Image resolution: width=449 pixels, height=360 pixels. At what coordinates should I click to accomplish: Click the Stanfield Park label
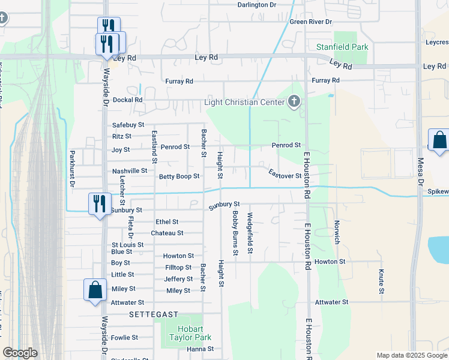pos(342,47)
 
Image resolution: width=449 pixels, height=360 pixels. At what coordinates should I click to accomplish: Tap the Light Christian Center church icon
pos(294,102)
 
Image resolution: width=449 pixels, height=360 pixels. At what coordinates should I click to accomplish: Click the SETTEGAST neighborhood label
pos(153,314)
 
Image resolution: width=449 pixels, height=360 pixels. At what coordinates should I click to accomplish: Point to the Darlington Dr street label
pos(256,4)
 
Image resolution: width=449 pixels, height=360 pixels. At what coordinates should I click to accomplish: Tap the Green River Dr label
pos(311,22)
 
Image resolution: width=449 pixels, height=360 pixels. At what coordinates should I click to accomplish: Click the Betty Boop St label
pos(179,176)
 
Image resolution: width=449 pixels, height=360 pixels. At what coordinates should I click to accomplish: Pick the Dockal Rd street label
pos(127,100)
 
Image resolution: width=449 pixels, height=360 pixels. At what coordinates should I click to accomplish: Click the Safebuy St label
pos(128,125)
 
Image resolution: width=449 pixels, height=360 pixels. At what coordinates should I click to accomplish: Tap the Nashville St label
pos(130,171)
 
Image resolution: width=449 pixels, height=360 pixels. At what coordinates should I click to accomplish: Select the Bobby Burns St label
pos(235,233)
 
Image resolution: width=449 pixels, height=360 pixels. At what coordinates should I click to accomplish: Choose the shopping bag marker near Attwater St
pos(95,290)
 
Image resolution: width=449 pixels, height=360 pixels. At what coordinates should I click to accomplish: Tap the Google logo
pos(20,353)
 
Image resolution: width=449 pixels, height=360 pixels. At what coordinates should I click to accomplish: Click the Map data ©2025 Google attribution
pos(411,355)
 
